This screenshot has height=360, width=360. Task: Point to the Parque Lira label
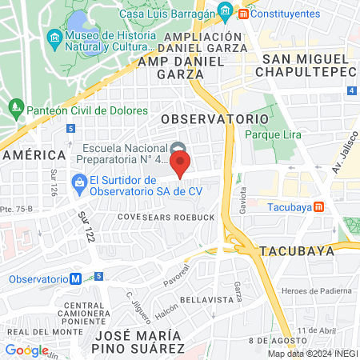pos(273,134)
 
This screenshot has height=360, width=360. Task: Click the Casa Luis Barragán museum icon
pos(225,12)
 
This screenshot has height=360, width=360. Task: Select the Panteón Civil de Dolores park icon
pos(15,106)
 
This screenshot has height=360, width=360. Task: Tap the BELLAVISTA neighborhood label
pos(206,298)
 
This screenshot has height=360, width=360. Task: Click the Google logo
pos(26,350)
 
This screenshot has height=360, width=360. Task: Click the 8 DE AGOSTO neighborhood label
pos(277,340)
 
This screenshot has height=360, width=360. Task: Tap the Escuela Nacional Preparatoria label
pos(122,152)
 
